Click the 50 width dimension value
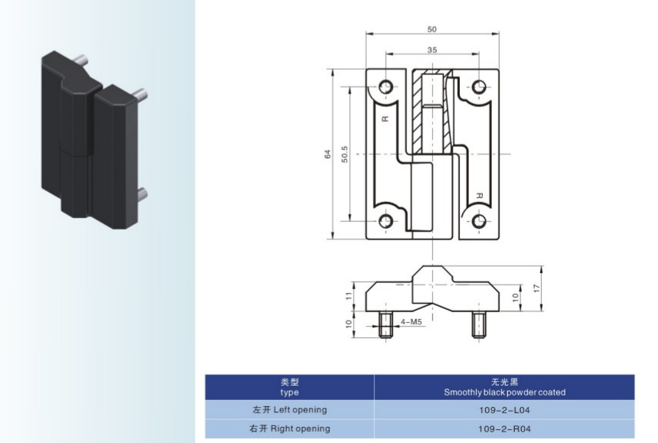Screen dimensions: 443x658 432,28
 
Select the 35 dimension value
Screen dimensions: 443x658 432,49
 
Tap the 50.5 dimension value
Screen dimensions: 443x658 345,154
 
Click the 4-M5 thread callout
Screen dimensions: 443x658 412,322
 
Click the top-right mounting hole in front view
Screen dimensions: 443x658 480,86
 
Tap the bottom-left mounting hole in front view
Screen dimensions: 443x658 385,222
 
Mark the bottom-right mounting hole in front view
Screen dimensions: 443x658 480,222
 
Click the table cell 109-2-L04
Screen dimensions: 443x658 504,409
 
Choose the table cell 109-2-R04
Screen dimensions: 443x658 504,428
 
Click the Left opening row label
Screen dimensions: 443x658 289,409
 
